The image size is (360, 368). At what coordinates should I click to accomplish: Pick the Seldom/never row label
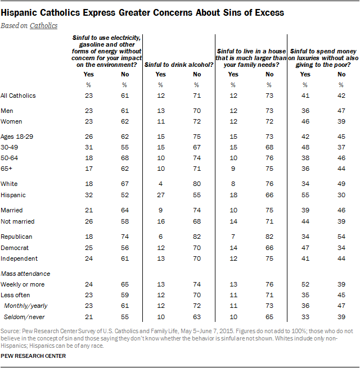(25, 317)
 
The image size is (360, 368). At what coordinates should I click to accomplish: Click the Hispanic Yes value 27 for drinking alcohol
(160, 195)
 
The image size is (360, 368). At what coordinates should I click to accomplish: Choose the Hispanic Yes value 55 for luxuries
(305, 195)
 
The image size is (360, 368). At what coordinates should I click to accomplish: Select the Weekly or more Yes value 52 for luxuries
(305, 285)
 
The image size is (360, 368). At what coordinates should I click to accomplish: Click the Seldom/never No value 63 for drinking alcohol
(196, 317)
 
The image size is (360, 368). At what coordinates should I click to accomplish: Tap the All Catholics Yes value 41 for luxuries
(305, 96)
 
